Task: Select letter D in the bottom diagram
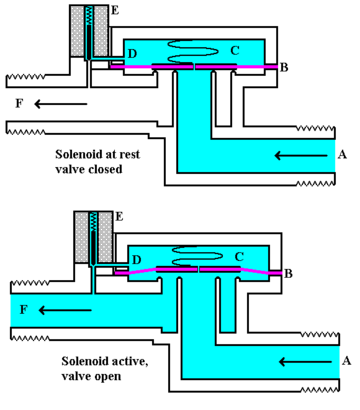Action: (x=136, y=260)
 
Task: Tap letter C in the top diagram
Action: (x=236, y=47)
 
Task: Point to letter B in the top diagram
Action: (x=285, y=67)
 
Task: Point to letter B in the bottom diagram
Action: (x=290, y=273)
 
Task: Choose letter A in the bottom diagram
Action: (x=347, y=359)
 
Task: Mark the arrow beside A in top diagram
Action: (x=304, y=154)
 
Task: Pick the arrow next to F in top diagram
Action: (x=46, y=102)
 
